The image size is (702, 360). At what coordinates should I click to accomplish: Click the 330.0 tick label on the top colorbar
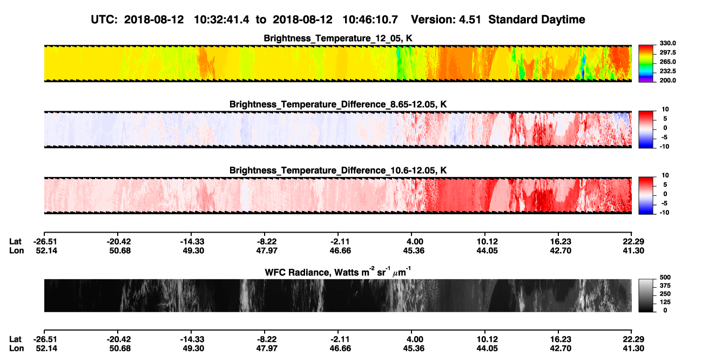click(x=667, y=43)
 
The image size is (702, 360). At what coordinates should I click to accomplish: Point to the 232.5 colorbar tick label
click(x=667, y=71)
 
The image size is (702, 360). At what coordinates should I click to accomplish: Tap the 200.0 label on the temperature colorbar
click(x=667, y=80)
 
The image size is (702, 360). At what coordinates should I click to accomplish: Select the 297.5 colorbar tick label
click(x=667, y=53)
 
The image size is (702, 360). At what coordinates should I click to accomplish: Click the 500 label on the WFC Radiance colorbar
click(x=665, y=277)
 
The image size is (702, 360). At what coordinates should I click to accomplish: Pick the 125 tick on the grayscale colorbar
click(x=665, y=302)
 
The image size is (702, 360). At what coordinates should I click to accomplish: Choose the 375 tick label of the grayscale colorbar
click(x=665, y=286)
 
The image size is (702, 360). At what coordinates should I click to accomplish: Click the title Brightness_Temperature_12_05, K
click(x=338, y=38)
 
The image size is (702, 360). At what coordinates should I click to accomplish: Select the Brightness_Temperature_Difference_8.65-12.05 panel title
click(x=338, y=104)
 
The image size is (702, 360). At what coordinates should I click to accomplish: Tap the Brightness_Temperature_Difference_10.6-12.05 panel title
click(x=338, y=171)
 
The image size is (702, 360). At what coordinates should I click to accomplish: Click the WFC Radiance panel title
click(x=338, y=272)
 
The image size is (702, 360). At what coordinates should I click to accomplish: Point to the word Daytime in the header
click(x=561, y=20)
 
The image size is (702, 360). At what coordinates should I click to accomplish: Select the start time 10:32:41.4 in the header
click(x=221, y=20)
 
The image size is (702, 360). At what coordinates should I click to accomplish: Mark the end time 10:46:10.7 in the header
click(x=370, y=20)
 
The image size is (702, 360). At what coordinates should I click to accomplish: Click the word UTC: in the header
click(x=104, y=20)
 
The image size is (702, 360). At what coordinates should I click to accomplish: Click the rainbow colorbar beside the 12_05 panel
click(x=646, y=64)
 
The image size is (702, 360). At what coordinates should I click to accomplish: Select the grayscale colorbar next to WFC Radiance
click(x=646, y=295)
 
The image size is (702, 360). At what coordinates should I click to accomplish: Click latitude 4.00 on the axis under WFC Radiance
click(x=415, y=339)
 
